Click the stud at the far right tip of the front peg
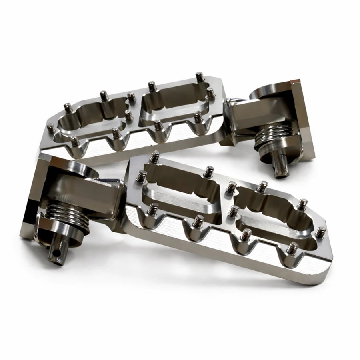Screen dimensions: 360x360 click(x=321, y=232)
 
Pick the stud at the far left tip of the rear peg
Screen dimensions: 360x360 click(x=50, y=128)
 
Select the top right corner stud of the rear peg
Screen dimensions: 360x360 click(x=200, y=76)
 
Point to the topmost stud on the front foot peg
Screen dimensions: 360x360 click(x=155, y=156)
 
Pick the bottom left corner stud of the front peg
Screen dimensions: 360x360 click(x=152, y=208)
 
